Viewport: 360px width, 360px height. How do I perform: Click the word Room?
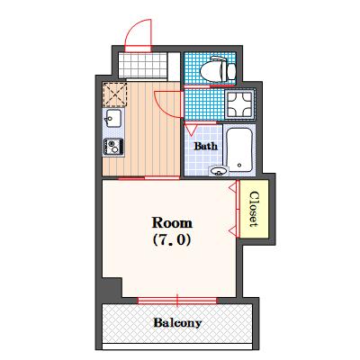[x=172, y=223]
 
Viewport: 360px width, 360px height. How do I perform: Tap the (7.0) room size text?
[x=172, y=240]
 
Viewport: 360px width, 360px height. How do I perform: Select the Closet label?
[x=254, y=209]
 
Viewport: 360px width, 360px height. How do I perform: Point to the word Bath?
[x=206, y=147]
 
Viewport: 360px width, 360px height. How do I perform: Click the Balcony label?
[x=177, y=323]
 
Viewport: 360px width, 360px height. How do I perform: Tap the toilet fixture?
[x=218, y=68]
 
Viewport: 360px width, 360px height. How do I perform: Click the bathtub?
[x=239, y=150]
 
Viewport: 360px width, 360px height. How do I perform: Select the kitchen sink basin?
[x=112, y=118]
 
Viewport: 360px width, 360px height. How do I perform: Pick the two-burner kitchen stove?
[x=113, y=147]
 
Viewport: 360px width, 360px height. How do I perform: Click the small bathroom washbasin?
[x=219, y=171]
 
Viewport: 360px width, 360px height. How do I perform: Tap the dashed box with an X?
[x=114, y=94]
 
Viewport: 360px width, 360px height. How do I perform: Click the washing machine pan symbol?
[x=240, y=104]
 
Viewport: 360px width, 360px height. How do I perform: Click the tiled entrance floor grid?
[x=142, y=65]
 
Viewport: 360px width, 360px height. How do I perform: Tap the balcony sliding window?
[x=177, y=301]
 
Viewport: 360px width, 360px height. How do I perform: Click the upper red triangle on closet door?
[x=233, y=187]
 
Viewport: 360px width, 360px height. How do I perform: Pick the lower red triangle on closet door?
[x=233, y=230]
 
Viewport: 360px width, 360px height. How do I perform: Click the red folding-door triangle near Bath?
[x=191, y=130]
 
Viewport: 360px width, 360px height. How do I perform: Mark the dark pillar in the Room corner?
[x=112, y=288]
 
